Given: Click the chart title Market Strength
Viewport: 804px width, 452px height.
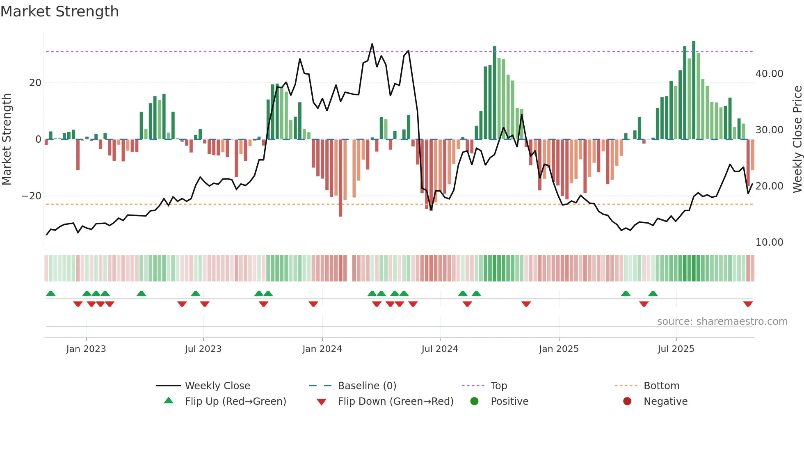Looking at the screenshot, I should pos(59,11).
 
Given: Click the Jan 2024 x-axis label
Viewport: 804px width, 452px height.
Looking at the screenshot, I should pos(322,349).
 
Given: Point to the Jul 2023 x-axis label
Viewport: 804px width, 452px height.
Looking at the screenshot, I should pos(203,349).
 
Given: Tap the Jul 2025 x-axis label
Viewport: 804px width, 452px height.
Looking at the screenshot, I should pos(676,349).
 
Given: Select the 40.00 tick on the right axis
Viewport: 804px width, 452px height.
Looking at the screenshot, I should pos(769,74).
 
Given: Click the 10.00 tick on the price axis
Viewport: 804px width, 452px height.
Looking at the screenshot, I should pos(769,242).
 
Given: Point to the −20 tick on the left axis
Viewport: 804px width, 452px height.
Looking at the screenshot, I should pos(32,196).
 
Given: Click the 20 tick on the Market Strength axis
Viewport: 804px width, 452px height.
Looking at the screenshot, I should pos(35,83).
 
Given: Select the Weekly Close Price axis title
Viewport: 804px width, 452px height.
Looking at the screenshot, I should pos(797,139).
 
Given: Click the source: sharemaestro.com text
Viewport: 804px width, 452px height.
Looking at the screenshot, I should pos(722,322).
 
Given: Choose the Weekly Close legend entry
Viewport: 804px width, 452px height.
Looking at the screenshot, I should pos(217,386).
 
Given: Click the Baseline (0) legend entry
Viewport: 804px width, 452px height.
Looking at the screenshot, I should pos(367,386).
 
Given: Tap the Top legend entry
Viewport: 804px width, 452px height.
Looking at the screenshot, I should pos(498,386).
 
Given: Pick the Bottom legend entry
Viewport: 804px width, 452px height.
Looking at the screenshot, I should pos(661,386).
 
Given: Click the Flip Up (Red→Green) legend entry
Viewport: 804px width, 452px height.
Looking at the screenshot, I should pos(235,402).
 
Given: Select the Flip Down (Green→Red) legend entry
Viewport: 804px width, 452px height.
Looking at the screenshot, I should pos(395,402).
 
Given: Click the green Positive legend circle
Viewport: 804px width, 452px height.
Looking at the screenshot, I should pos(474,402).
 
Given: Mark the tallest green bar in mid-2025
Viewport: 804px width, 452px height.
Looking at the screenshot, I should pos(694,90).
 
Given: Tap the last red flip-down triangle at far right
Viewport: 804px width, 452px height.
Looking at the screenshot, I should pos(748,304).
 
